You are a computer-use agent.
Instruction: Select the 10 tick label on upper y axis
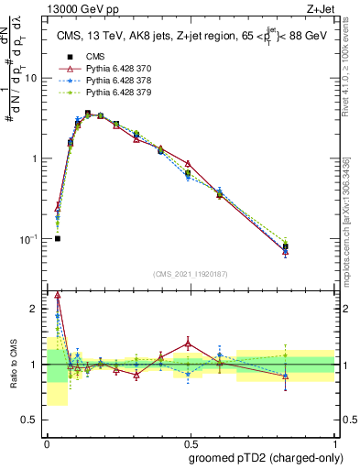pyautogui.click(x=29, y=78)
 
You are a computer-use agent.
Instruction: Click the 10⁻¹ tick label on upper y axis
pyautogui.click(x=27, y=239)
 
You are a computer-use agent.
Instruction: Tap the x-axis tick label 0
pyautogui.click(x=46, y=443)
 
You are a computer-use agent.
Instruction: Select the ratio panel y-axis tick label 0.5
pyautogui.click(x=31, y=420)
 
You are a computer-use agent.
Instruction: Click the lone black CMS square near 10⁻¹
pyautogui.click(x=58, y=238)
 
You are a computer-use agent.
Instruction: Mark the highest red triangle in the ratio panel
pyautogui.click(x=58, y=295)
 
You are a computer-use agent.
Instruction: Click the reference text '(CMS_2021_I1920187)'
pyautogui.click(x=190, y=274)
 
